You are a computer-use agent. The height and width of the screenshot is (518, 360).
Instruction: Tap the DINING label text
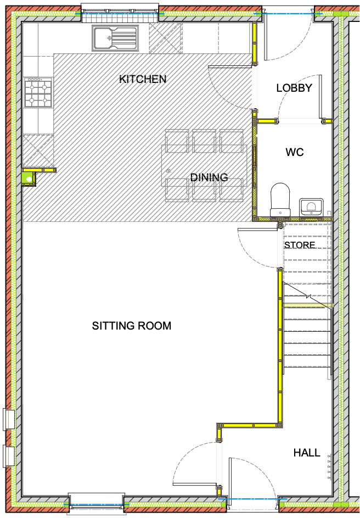pos(209,177)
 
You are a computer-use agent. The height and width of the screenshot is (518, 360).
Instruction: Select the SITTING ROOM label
pos(132,326)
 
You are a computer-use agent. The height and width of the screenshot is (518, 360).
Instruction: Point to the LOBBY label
pos(294,88)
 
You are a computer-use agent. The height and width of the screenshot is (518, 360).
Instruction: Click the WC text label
pos(295,152)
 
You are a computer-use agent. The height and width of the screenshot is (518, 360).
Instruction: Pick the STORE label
pos(300,245)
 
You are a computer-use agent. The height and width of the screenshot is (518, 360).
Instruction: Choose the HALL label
pos(307,453)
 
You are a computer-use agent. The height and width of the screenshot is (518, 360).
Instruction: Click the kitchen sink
pos(115,38)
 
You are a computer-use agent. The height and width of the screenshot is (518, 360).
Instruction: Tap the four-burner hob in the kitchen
pos(38,92)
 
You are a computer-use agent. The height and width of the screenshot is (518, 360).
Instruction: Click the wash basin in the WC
pos(311,207)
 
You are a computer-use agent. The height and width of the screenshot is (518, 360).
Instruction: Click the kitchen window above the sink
pos(120,13)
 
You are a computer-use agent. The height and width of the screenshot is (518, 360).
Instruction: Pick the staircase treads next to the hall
pos(307,341)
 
